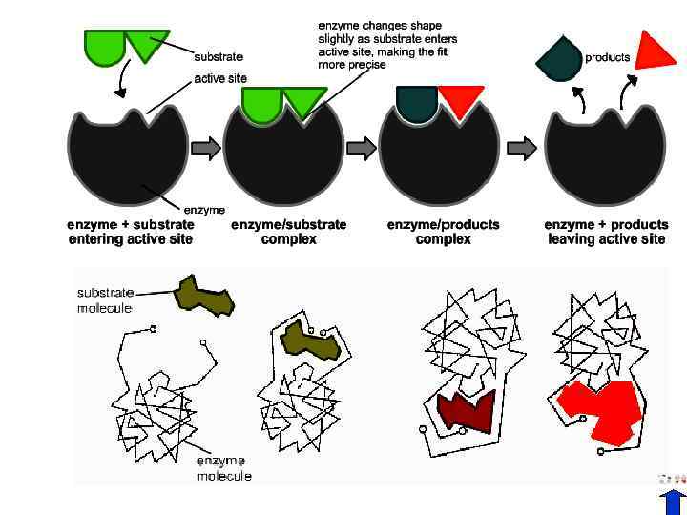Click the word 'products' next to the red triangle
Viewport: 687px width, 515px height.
(607, 57)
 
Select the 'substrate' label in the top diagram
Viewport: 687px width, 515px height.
(219, 57)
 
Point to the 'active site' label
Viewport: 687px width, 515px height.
(221, 78)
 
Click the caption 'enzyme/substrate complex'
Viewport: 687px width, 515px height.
(288, 232)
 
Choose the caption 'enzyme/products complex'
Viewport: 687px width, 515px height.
(443, 232)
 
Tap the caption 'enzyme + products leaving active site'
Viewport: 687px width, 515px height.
(606, 232)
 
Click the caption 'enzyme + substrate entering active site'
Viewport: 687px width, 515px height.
(131, 232)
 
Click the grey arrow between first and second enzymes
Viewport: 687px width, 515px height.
(206, 148)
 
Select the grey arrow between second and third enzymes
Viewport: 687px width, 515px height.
(362, 148)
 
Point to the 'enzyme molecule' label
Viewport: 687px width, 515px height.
(224, 468)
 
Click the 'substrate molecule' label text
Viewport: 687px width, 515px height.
(105, 300)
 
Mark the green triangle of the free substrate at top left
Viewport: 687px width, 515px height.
(146, 44)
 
